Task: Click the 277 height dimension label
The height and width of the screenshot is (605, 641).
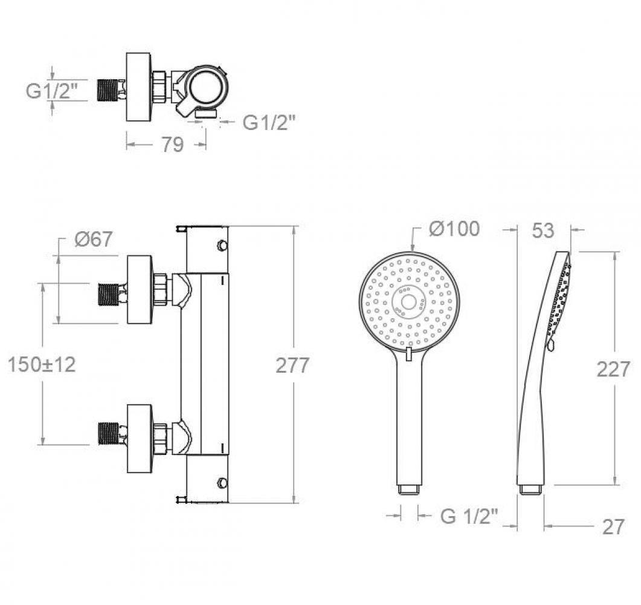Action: (292, 365)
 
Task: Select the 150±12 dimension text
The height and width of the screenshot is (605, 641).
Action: (42, 364)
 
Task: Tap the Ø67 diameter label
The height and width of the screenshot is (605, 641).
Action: (93, 239)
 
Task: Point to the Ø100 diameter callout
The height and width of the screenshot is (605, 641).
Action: (454, 229)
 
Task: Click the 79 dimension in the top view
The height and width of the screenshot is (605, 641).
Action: (173, 145)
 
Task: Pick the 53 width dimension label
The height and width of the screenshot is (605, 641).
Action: (543, 231)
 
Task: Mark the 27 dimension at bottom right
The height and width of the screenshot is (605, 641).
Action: (613, 527)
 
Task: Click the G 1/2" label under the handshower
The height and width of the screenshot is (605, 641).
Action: (469, 516)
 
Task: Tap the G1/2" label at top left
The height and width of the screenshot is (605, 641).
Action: (51, 91)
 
